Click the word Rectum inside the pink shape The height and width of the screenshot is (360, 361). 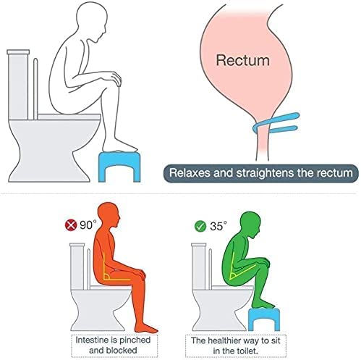pos(242,60)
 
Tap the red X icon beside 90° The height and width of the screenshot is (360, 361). pos(71,225)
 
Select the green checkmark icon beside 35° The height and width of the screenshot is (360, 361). pos(200,227)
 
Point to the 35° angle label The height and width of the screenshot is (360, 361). pos(218,226)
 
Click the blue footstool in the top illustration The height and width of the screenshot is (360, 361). pos(119,167)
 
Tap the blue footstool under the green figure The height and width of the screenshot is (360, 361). pos(264,319)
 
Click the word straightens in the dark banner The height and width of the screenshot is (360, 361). pos(265,173)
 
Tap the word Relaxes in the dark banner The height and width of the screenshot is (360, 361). pos(189,173)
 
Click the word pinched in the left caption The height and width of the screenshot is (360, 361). pos(135,340)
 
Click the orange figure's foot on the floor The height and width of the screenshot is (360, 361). pos(145,328)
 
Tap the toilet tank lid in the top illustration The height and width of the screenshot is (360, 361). pos(18,51)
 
